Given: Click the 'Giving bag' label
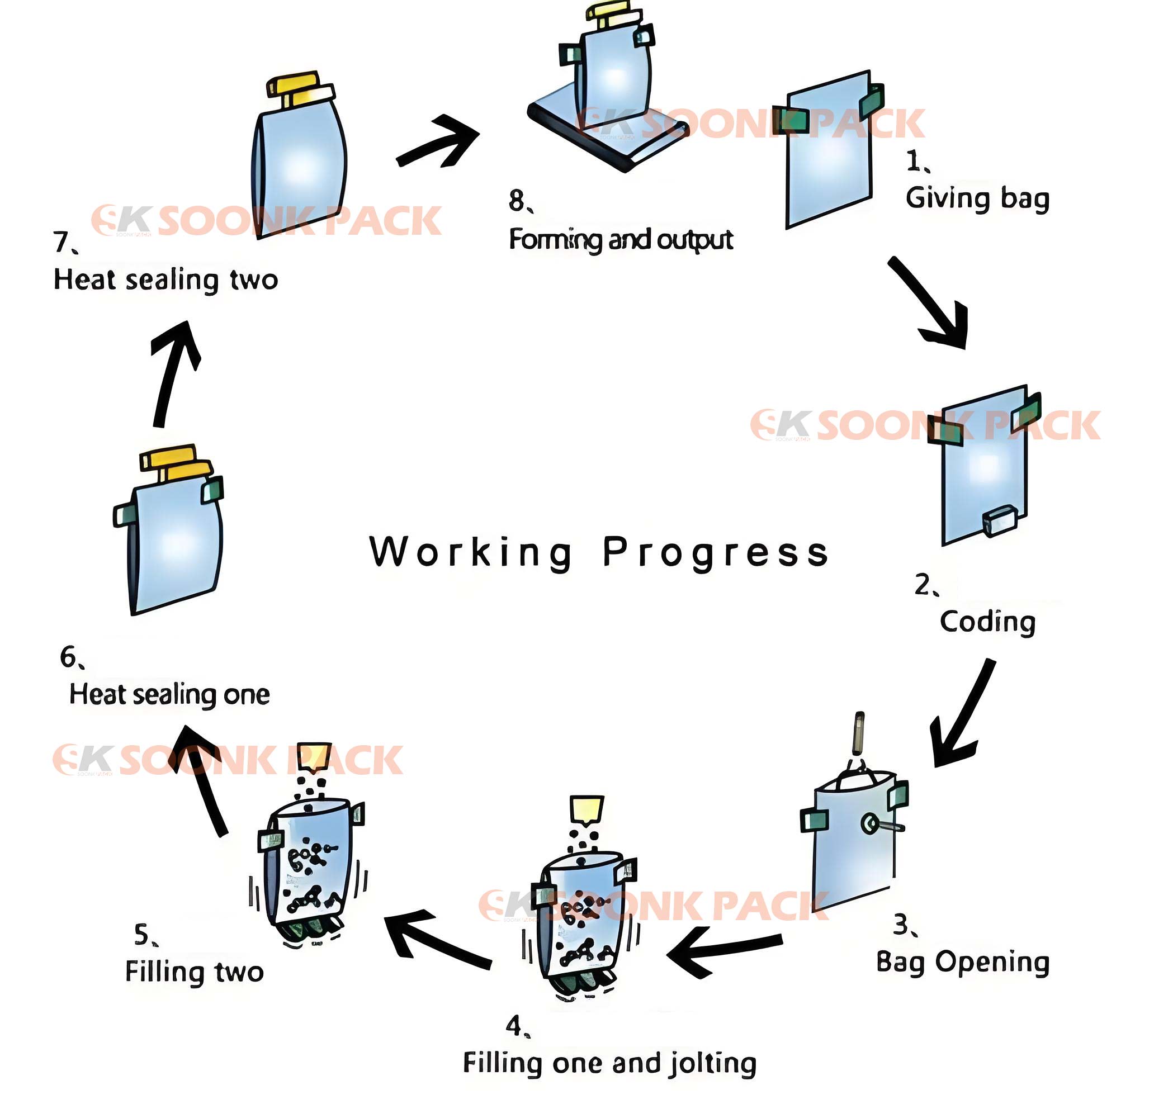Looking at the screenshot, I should pyautogui.click(x=977, y=199).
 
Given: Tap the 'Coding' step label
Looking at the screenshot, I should pyautogui.click(x=987, y=622).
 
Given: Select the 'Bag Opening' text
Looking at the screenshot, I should pyautogui.click(x=963, y=963).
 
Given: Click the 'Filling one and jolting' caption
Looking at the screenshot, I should pyautogui.click(x=609, y=1064).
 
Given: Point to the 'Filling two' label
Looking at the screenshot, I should pyautogui.click(x=195, y=972).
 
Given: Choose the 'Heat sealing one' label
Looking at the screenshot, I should pyautogui.click(x=169, y=695).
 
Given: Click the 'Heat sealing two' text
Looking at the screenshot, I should pyautogui.click(x=165, y=279).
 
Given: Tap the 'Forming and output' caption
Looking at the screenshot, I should pyautogui.click(x=621, y=240).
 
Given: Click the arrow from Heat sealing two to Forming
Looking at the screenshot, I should pyautogui.click(x=439, y=141).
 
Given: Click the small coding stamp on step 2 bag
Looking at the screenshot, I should pyautogui.click(x=1000, y=522).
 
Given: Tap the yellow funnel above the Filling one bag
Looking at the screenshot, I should pyautogui.click(x=587, y=811).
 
